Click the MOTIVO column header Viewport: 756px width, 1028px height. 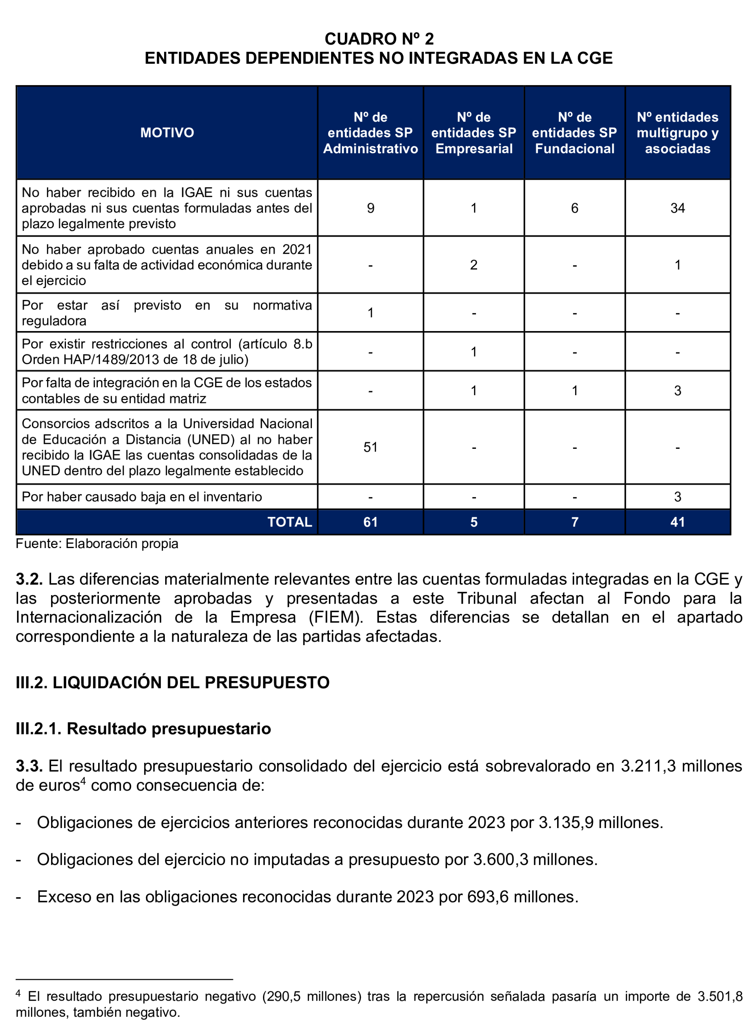[167, 133]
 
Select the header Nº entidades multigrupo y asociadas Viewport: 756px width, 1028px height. [677, 133]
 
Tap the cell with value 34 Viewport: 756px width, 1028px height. [677, 208]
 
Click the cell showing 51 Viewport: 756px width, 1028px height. [370, 447]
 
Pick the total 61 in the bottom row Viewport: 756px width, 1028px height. [370, 522]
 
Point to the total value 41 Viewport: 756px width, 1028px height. [677, 522]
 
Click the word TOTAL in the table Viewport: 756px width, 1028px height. [289, 522]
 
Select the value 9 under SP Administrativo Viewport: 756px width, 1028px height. [370, 208]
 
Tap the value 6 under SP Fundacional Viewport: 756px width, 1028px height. [575, 208]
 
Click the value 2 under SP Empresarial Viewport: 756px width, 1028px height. [474, 265]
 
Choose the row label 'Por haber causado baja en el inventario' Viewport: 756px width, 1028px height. [142, 497]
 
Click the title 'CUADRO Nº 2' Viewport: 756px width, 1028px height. [379, 39]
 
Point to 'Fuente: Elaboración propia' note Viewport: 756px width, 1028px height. [97, 544]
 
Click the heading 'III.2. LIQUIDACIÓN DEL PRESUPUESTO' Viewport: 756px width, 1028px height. [173, 682]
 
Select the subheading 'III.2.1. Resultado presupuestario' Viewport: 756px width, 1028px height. [143, 729]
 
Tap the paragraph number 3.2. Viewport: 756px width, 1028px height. [29, 579]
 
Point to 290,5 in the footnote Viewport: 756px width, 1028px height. [284, 997]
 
